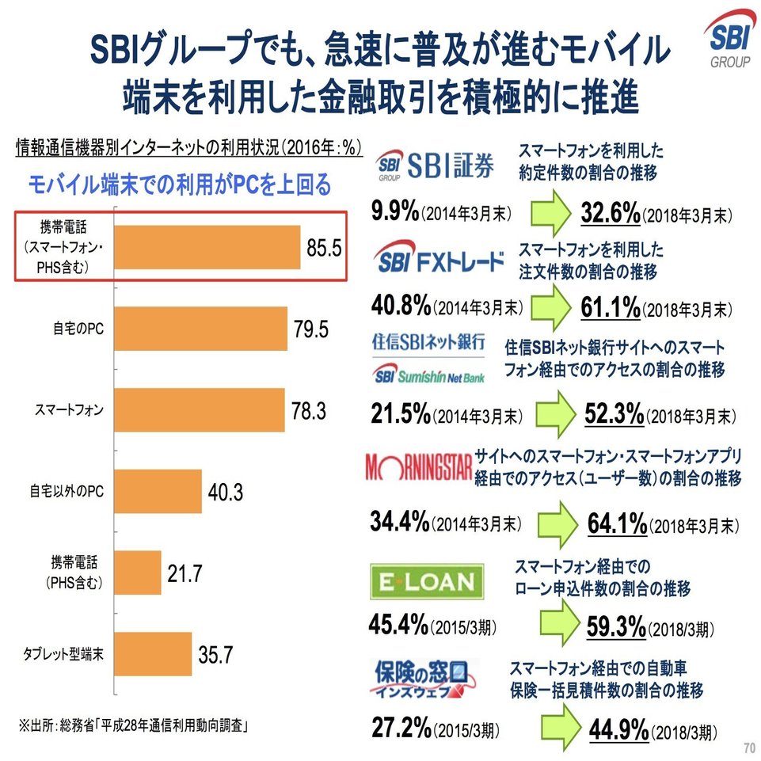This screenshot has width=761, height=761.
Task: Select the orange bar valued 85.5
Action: tap(207, 247)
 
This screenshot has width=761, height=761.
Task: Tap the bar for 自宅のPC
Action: tap(201, 328)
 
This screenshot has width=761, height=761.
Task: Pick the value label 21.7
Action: tap(184, 573)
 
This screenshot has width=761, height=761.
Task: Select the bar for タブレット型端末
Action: tap(154, 653)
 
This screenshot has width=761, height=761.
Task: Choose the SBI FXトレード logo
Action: tap(440, 261)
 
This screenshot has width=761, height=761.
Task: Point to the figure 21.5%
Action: tap(401, 413)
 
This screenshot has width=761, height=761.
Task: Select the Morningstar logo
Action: tap(418, 468)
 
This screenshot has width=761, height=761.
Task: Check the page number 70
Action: tap(748, 748)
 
